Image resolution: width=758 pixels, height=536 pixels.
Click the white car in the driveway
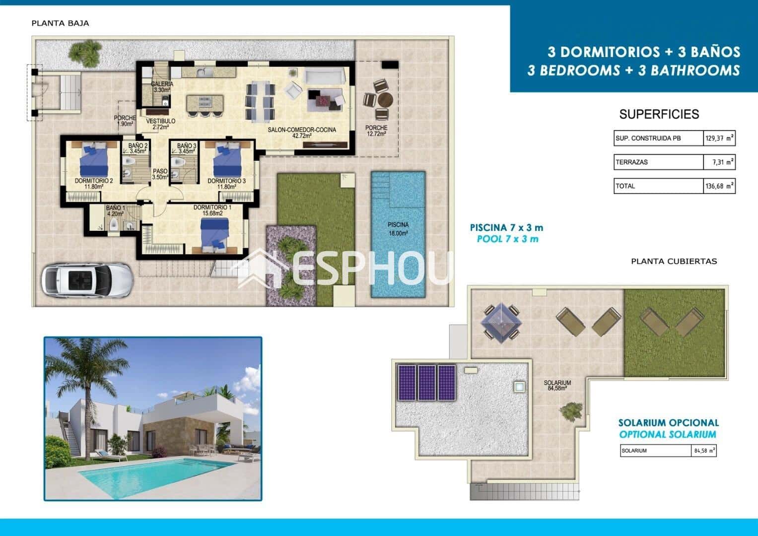click(87, 279)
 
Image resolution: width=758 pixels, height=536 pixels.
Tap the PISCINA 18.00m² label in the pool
click(398, 229)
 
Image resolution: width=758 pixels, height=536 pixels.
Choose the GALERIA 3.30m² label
click(162, 87)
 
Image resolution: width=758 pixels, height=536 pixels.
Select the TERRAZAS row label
click(631, 162)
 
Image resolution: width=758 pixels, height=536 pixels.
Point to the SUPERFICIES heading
click(659, 114)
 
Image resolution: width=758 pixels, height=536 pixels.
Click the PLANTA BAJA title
click(60, 23)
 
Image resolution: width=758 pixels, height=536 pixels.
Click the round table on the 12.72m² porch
click(385, 100)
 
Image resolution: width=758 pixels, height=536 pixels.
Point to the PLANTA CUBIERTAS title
click(674, 261)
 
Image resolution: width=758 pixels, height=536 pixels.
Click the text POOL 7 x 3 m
click(507, 239)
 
